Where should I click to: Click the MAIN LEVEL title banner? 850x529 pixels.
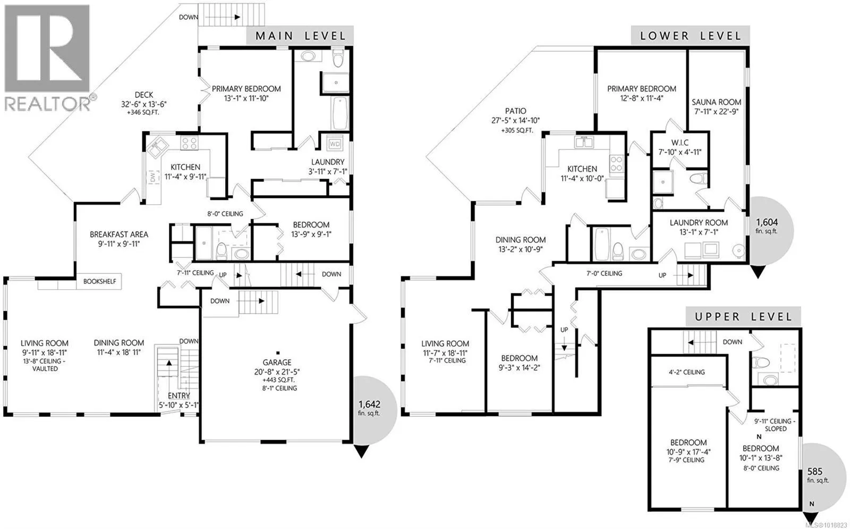[300, 36]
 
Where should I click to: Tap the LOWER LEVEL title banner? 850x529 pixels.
[690, 36]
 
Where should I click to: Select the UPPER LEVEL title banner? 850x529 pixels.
[743, 317]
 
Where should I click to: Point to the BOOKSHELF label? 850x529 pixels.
[99, 281]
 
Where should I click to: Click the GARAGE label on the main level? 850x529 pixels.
[277, 363]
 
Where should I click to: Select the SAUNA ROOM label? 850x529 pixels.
[716, 102]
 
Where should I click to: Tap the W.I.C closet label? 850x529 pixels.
[679, 143]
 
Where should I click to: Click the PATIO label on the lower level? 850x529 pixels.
[515, 111]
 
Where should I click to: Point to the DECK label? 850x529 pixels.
[144, 95]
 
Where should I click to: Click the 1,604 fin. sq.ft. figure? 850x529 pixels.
[767, 226]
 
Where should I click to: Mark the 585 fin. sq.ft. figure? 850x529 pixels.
[815, 475]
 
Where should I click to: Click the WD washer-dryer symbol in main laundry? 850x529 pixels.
[335, 144]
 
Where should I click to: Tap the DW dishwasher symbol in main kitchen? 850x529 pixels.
[154, 177]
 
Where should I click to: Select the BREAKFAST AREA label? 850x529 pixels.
[119, 234]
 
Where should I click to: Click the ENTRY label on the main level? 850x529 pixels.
[178, 396]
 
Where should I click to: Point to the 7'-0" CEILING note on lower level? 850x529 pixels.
[604, 273]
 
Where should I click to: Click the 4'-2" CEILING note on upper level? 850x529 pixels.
[687, 372]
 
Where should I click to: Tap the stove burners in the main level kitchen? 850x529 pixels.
[189, 143]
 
